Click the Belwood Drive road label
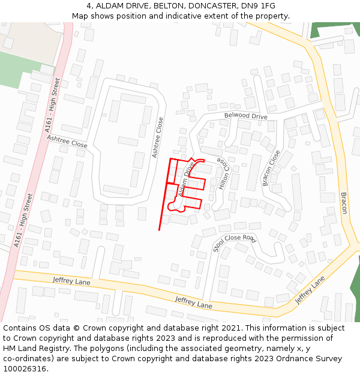point(245,115)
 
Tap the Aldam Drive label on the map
point(187,179)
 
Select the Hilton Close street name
point(223,174)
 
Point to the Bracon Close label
point(271,168)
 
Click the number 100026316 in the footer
point(24,369)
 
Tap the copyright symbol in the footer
point(76,328)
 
